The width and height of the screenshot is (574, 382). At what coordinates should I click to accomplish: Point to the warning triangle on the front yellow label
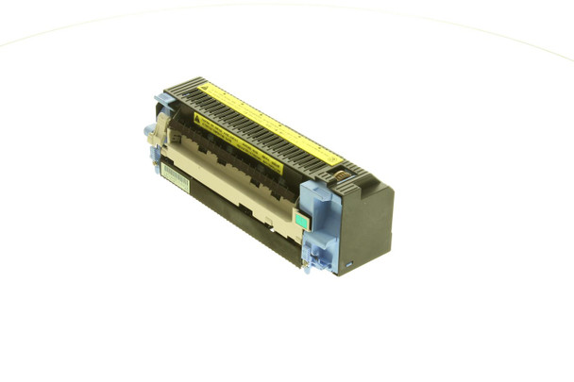pyautogui.click(x=201, y=121)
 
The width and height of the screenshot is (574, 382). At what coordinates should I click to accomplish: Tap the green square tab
pyautogui.click(x=301, y=220)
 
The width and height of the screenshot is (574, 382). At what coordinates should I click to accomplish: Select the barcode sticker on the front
pyautogui.click(x=175, y=176)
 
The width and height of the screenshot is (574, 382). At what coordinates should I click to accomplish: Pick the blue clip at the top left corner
pyautogui.click(x=163, y=98)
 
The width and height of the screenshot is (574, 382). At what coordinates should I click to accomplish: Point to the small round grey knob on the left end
pyautogui.click(x=148, y=128)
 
